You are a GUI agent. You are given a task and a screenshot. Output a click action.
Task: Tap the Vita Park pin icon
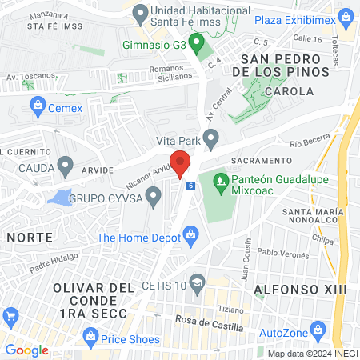click(x=211, y=141)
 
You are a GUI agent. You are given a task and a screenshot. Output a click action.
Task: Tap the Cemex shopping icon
click(x=37, y=105)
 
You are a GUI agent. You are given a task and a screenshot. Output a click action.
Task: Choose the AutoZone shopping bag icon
click(x=318, y=330)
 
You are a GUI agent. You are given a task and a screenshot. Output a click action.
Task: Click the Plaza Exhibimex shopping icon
click(x=346, y=16)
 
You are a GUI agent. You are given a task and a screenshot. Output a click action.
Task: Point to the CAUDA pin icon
click(x=66, y=168)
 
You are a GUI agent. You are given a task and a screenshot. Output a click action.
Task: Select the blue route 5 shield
click(x=190, y=186)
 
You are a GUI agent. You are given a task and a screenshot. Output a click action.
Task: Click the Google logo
click(x=26, y=350)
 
